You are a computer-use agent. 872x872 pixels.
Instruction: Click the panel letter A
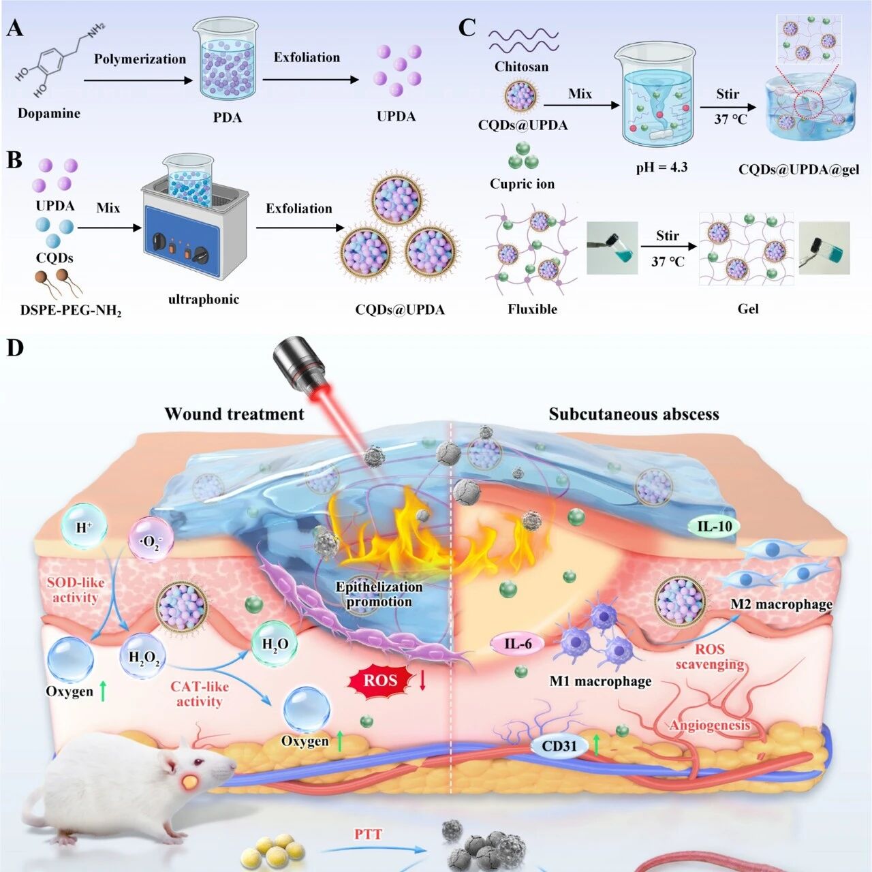pyautogui.click(x=15, y=29)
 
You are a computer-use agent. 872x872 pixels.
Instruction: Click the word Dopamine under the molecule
pyautogui.click(x=49, y=113)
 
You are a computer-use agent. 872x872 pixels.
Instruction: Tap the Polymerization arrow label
pyautogui.click(x=140, y=59)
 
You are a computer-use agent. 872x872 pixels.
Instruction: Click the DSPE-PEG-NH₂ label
pyautogui.click(x=71, y=311)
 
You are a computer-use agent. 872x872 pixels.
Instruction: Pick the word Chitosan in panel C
pyautogui.click(x=521, y=67)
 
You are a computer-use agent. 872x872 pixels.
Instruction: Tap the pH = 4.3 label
pyautogui.click(x=662, y=168)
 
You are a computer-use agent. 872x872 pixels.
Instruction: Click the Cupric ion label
pyautogui.click(x=523, y=184)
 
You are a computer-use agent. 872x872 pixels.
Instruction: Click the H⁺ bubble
pyautogui.click(x=83, y=527)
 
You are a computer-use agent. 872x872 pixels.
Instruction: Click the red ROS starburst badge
pyautogui.click(x=381, y=681)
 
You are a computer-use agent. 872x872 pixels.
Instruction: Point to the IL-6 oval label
pyautogui.click(x=518, y=644)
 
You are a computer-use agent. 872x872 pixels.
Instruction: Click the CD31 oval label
pyautogui.click(x=559, y=745)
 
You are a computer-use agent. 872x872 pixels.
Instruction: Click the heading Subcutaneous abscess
pyautogui.click(x=634, y=414)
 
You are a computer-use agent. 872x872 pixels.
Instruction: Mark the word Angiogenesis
pyautogui.click(x=710, y=726)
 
